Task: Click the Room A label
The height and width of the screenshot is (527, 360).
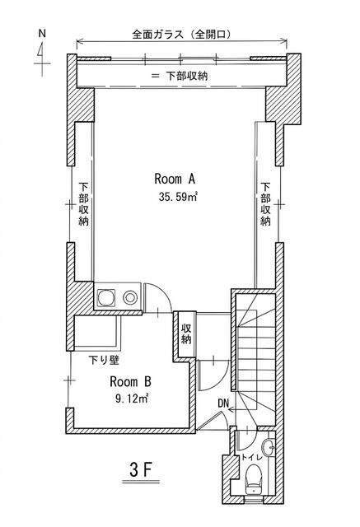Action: tap(175, 179)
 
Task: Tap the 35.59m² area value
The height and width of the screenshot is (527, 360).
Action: tap(178, 197)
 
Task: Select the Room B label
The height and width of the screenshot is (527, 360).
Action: tap(130, 381)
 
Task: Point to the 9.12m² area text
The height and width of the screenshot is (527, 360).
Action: tap(132, 399)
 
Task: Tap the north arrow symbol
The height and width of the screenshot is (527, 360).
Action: tap(42, 54)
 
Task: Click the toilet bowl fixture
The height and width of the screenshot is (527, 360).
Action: tap(254, 478)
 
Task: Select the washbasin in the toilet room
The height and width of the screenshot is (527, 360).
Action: tap(269, 447)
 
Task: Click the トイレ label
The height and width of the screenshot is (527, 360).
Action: tap(251, 457)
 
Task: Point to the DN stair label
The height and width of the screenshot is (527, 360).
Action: tap(223, 403)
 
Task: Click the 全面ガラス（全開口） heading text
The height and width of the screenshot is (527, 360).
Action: tap(182, 35)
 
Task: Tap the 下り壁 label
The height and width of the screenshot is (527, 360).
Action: tap(104, 361)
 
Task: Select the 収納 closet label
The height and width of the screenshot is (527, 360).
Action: tap(186, 333)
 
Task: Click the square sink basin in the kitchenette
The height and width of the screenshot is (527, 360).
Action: tap(106, 297)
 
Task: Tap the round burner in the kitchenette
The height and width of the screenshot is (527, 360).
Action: tap(129, 297)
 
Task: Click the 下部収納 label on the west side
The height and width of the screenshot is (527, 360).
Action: tap(84, 203)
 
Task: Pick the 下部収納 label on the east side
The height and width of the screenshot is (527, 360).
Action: tap(265, 203)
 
